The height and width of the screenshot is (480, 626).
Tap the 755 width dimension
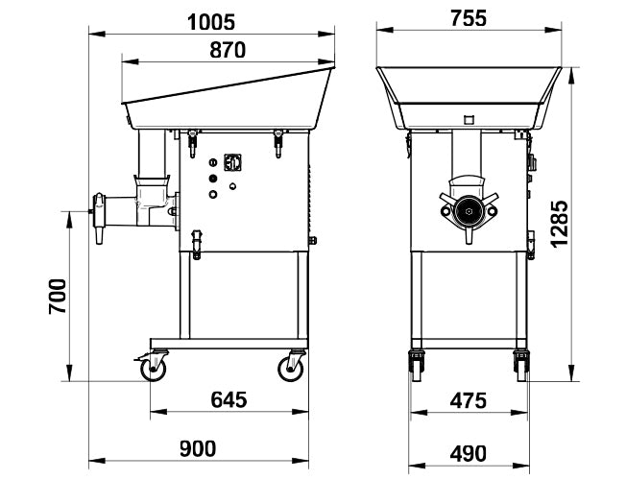469,18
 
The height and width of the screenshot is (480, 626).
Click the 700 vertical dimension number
58,297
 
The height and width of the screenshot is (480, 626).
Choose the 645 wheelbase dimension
229,399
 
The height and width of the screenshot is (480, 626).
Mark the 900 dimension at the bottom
197,448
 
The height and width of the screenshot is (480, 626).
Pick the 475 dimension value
468,399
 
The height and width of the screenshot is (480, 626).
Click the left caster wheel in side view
154,368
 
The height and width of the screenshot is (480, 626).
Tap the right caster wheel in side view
293,368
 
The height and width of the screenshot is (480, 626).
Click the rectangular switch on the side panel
230,163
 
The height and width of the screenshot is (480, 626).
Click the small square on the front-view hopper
469,119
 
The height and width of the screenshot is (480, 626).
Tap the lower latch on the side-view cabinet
197,242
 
